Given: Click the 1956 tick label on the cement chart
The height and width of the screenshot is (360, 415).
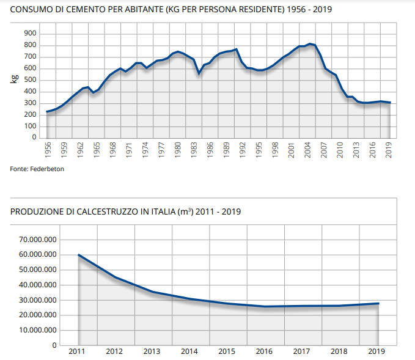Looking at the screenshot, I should tap(47, 150).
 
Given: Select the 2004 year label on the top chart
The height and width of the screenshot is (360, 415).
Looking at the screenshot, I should tap(309, 150).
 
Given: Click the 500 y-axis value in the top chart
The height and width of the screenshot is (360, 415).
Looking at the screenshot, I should tap(30, 79).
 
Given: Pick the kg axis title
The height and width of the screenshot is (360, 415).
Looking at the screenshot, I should tap(13, 78).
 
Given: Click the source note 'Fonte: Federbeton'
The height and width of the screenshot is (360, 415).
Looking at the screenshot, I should tap(37, 169).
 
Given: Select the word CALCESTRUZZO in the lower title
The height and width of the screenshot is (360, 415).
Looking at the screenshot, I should tap(105, 212).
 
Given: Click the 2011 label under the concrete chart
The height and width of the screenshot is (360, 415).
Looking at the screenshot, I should tap(77, 351).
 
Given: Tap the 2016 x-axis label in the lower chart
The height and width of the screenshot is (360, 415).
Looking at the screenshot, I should tap(265, 351).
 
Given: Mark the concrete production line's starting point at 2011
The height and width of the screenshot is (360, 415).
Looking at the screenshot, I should tap(78, 254).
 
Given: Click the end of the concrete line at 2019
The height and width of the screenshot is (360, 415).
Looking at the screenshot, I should tap(378, 303).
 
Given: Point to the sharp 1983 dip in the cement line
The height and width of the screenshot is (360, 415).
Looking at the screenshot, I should tap(198, 73).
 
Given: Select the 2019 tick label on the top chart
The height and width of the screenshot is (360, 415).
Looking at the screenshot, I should tap(389, 150).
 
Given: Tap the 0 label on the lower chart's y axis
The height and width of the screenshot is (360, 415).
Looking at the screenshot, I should tap(54, 345).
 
